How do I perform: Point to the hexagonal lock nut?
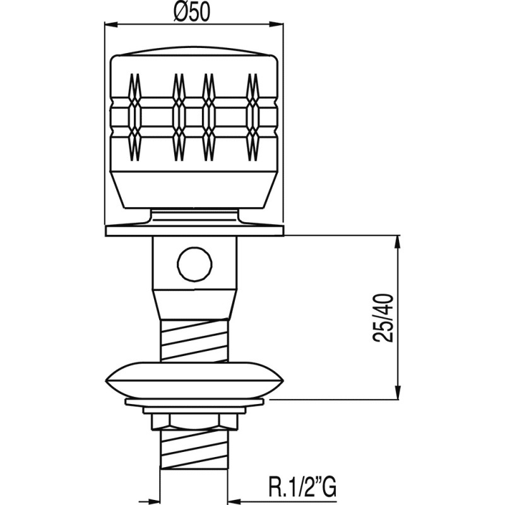click(194, 421)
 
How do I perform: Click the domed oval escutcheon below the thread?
click(194, 381)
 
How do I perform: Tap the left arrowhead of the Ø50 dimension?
click(111, 24)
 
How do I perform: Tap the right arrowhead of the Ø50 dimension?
click(278, 24)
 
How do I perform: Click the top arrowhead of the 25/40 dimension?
click(398, 242)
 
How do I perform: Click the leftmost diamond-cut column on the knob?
click(135, 117)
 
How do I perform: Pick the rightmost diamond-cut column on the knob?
click(252, 117)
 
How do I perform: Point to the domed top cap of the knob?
click(194, 51)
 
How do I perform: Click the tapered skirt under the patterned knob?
click(194, 189)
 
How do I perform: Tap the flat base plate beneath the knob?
click(194, 230)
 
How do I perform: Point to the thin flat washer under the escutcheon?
click(194, 402)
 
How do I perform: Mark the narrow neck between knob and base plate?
click(194, 217)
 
